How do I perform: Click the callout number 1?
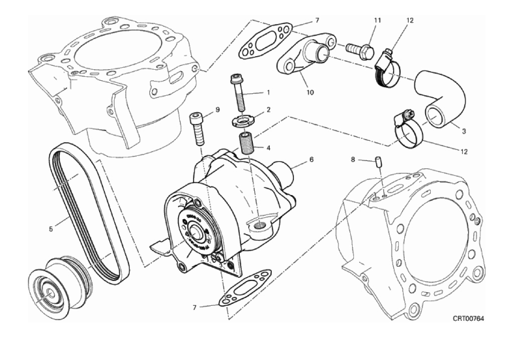click(267, 93)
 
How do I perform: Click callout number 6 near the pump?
click(312, 158)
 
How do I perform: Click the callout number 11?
click(377, 20)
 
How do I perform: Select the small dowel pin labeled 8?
click(377, 162)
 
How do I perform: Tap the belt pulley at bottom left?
click(55, 282)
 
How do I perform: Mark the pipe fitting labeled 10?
click(304, 59)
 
